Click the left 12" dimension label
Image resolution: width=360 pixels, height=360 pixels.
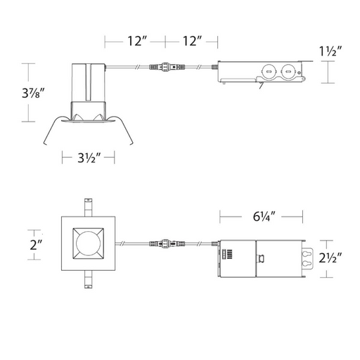(137, 41)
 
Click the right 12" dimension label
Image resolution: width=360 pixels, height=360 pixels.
(192, 41)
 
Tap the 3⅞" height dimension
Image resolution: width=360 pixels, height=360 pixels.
(33, 93)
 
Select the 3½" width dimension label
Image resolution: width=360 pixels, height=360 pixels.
(89, 157)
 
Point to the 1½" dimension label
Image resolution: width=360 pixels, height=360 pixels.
(330, 51)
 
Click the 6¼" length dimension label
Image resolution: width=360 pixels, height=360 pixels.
(264, 217)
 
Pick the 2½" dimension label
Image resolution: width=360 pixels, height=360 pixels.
(330, 258)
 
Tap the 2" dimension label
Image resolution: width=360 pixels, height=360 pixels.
(36, 245)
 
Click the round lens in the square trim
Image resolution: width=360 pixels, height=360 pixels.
(88, 243)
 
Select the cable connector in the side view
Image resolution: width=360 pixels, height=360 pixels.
(167, 67)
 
